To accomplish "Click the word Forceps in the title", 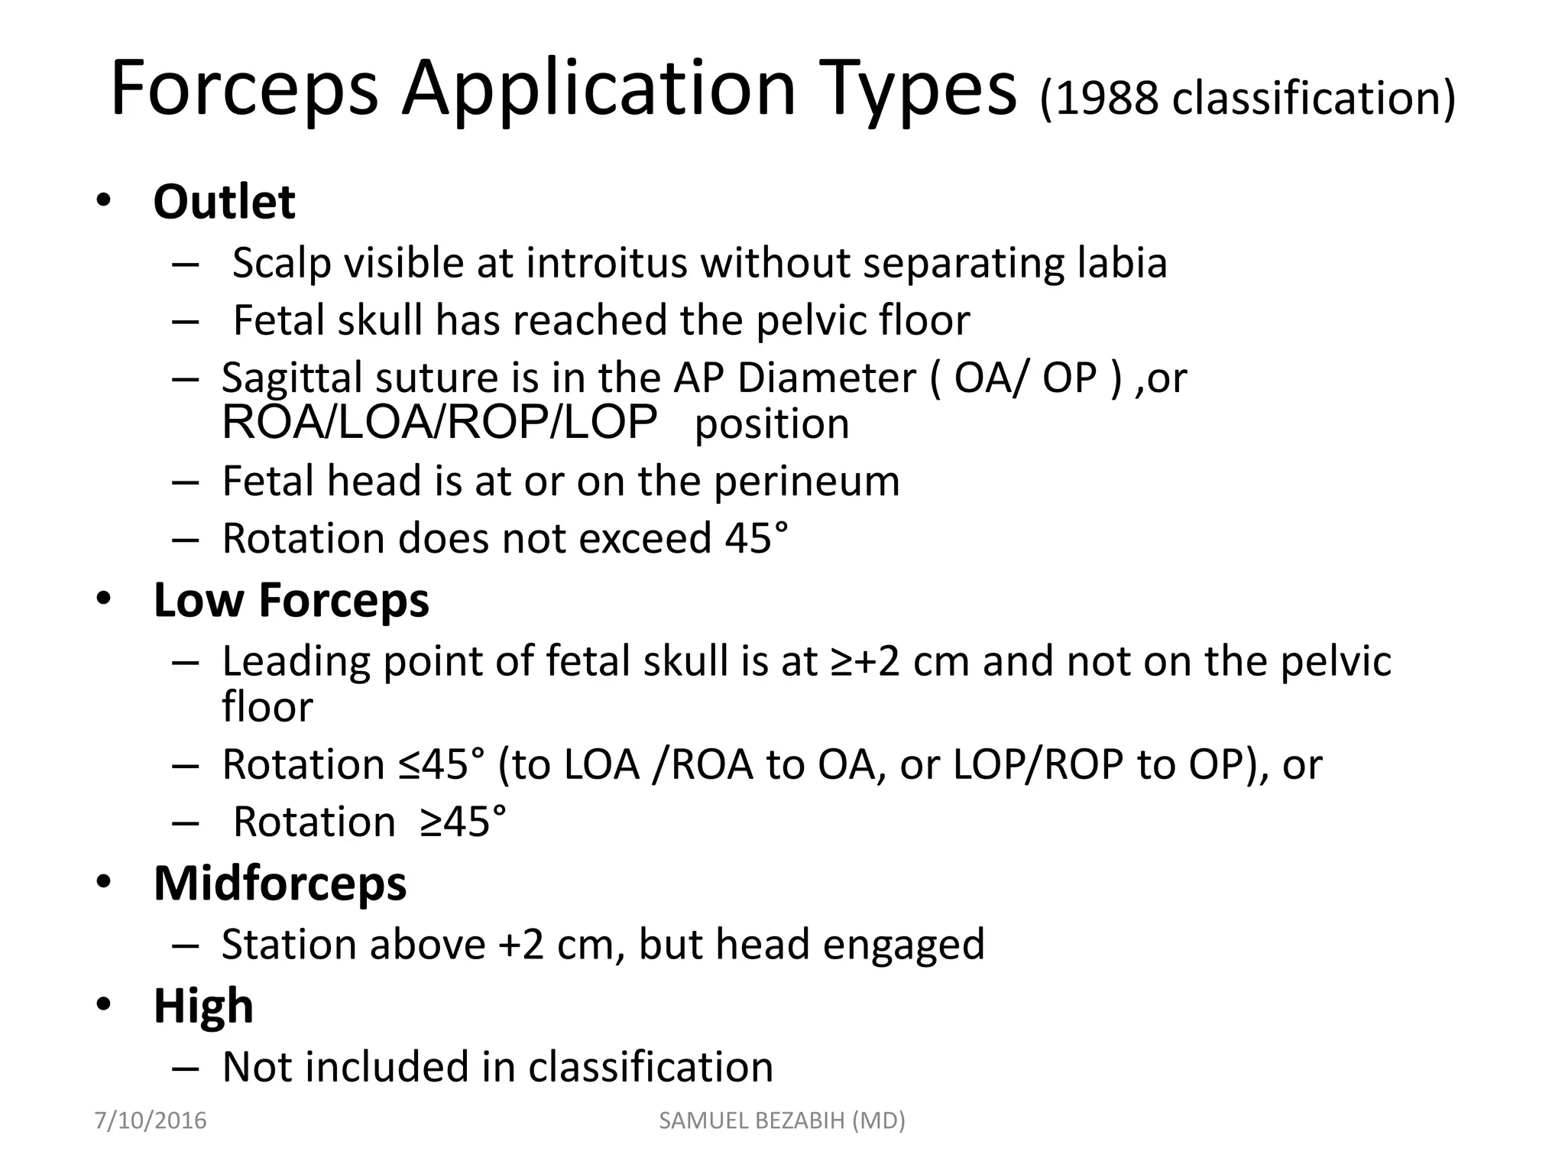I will pyautogui.click(x=244, y=89).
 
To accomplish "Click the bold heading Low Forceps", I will pyautogui.click(x=291, y=600).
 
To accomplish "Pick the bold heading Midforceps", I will pyautogui.click(x=280, y=884).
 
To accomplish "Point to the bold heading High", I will pyautogui.click(x=203, y=1006).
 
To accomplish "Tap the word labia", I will pyautogui.click(x=1122, y=264).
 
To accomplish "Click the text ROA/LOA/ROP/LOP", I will pyautogui.click(x=439, y=422).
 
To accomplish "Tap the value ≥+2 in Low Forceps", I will pyautogui.click(x=865, y=662).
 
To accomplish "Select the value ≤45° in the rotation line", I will pyautogui.click(x=441, y=764).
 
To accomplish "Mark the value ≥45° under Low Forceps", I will pyautogui.click(x=462, y=822).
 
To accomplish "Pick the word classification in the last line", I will pyautogui.click(x=650, y=1067).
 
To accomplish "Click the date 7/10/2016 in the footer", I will pyautogui.click(x=151, y=1120).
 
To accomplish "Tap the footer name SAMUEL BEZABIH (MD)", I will pyautogui.click(x=782, y=1120).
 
